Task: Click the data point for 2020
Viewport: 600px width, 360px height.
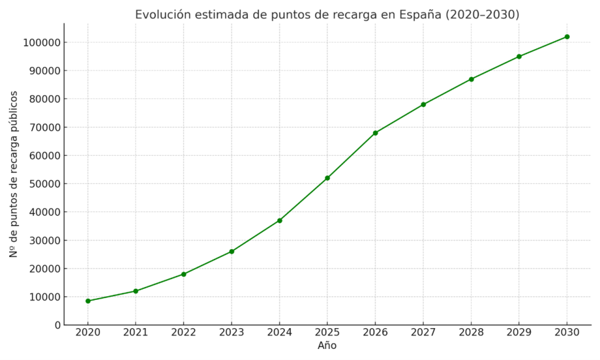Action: pyautogui.click(x=88, y=301)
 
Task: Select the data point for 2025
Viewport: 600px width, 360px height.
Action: pyautogui.click(x=327, y=178)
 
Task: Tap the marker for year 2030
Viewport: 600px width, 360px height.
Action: pyautogui.click(x=567, y=37)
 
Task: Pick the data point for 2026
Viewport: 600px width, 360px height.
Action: pyautogui.click(x=375, y=132)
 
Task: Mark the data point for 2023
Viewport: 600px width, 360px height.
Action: pyautogui.click(x=232, y=251)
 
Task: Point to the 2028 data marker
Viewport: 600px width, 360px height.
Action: pyautogui.click(x=471, y=79)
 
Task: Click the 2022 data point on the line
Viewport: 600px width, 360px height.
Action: pyautogui.click(x=183, y=274)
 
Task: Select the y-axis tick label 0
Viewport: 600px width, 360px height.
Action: pyautogui.click(x=57, y=325)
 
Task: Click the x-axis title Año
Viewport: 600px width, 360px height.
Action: pyautogui.click(x=327, y=346)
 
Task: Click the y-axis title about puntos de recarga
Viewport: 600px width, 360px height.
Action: pyautogui.click(x=13, y=174)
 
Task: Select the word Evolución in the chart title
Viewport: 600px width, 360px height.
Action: pyautogui.click(x=161, y=15)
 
